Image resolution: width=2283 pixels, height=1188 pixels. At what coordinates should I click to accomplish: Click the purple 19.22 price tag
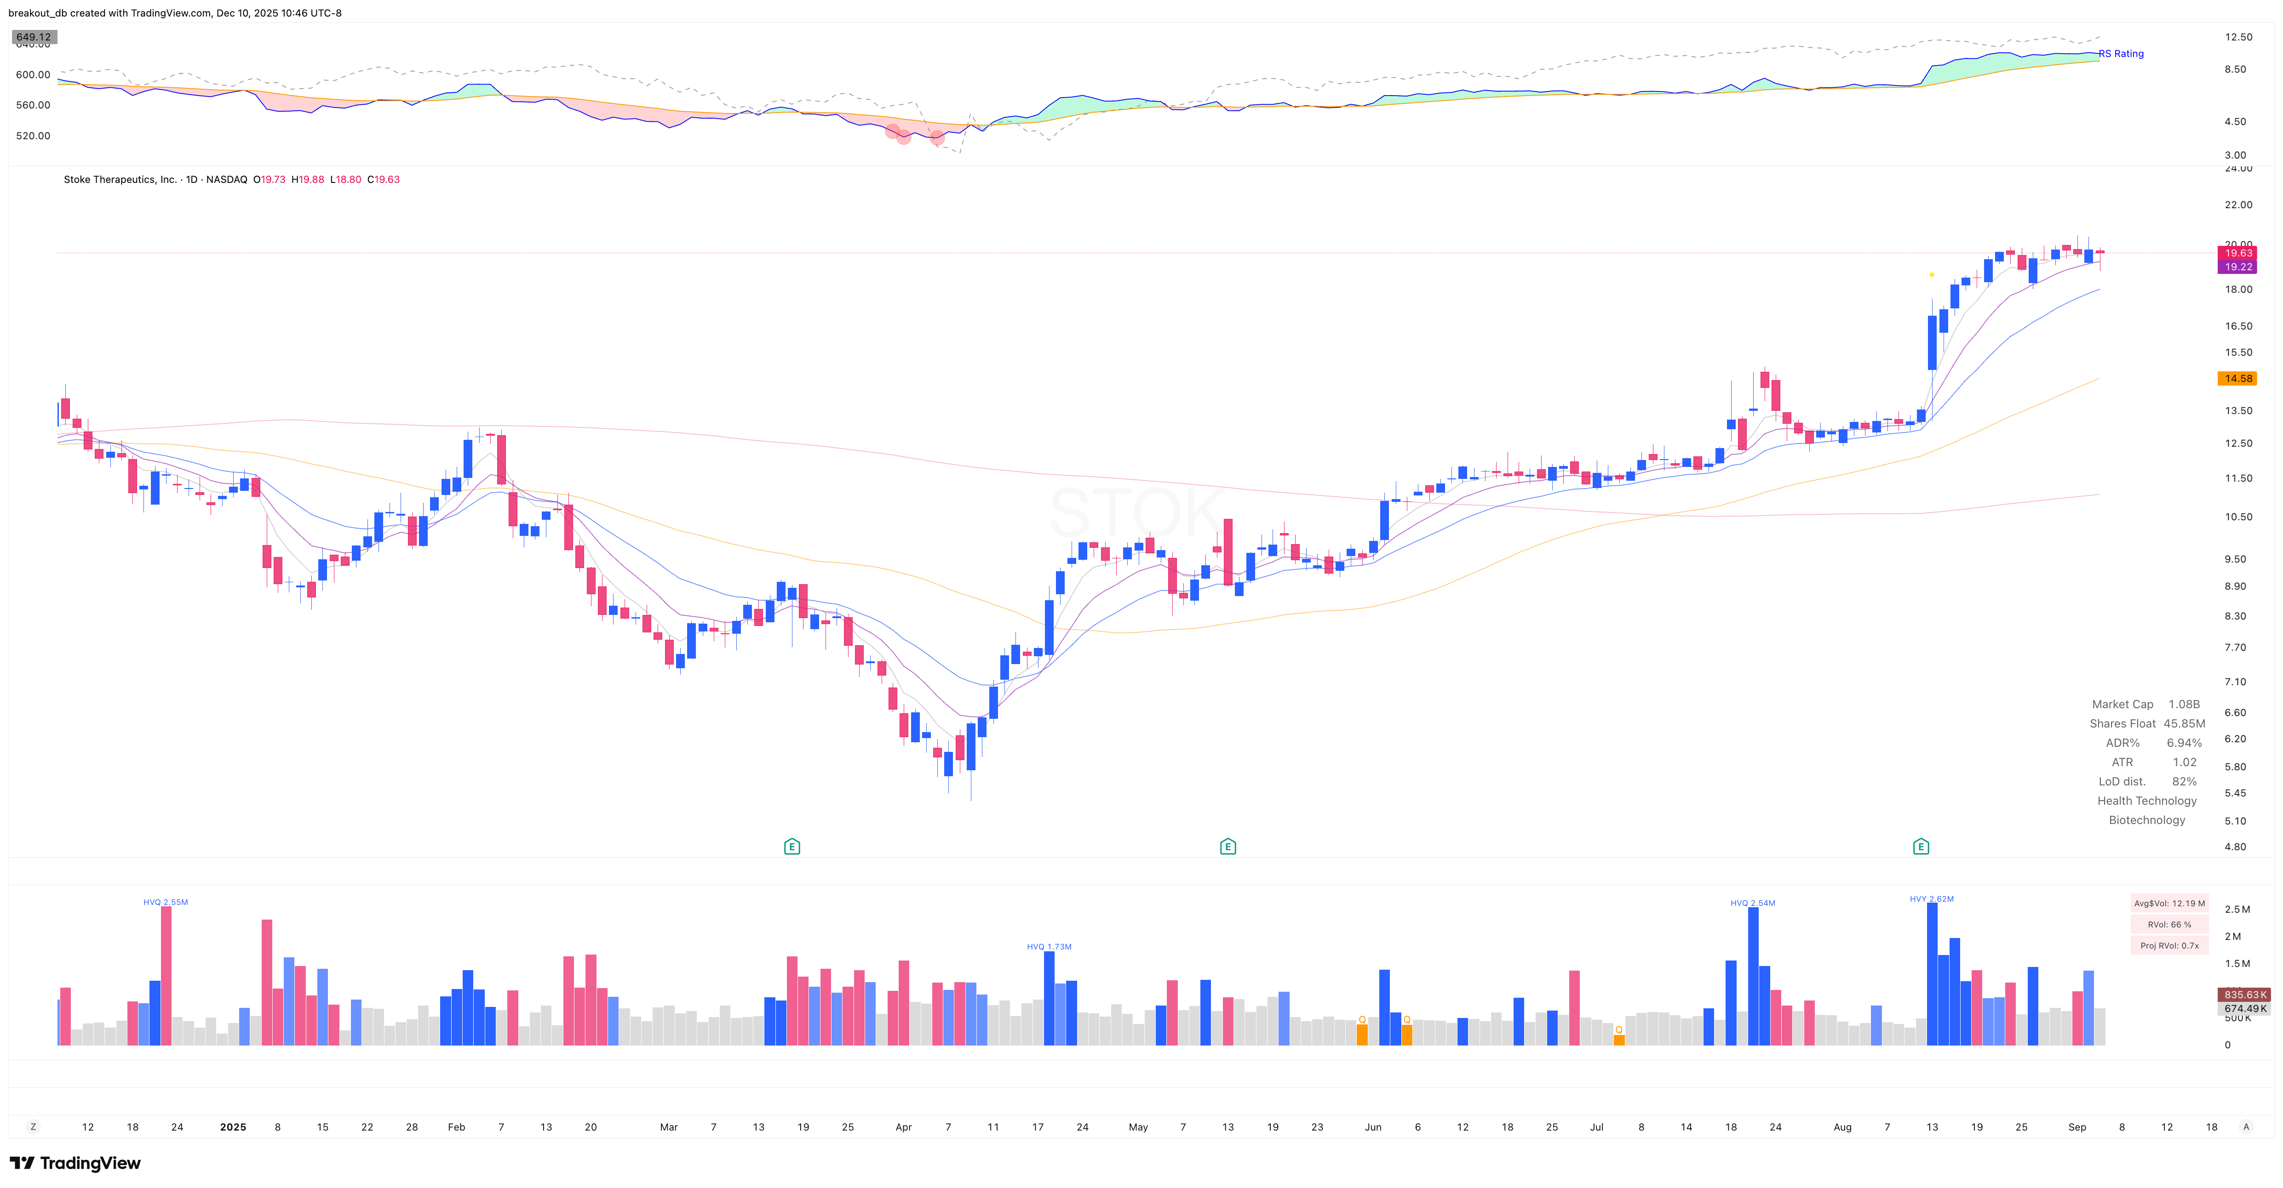pos(2237,267)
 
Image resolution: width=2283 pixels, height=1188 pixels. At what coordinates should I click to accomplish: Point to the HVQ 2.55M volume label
pos(166,902)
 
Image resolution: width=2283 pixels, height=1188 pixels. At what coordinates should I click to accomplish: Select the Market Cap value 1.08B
pos(2184,704)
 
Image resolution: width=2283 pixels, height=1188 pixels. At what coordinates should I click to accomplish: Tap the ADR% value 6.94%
pos(2184,743)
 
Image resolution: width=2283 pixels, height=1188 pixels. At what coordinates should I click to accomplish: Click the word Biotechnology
pos(2146,820)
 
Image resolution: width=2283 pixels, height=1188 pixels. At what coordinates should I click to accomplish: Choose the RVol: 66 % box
pos(2168,925)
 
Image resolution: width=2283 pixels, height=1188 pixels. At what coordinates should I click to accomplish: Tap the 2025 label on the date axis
pos(233,1127)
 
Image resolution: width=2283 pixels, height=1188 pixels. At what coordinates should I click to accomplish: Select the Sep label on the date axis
pos(2076,1127)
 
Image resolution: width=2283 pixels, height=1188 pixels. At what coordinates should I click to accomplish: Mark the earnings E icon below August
pos(1921,847)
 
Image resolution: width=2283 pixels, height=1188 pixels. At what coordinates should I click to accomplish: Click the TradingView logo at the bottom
pos(75,1163)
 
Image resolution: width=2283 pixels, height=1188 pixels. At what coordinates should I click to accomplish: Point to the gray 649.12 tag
pos(34,37)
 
